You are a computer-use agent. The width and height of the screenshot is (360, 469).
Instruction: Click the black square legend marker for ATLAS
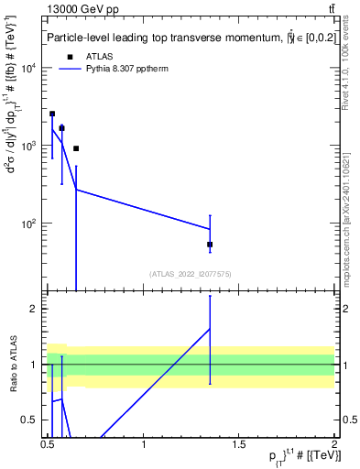coord(69,57)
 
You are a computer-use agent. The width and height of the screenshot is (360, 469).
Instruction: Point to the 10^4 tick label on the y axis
coord(28,69)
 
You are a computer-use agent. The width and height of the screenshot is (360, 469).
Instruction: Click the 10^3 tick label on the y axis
coord(28,146)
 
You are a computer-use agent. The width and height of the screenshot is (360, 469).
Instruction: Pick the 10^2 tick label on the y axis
coord(28,223)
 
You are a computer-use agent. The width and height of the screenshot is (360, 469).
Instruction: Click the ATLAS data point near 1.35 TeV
coord(210,245)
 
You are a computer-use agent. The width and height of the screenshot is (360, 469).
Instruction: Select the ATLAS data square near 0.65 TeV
coord(76,148)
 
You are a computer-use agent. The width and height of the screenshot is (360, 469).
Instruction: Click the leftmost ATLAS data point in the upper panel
coord(52,114)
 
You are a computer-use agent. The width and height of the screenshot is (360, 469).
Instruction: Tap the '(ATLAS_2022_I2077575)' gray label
coord(190,274)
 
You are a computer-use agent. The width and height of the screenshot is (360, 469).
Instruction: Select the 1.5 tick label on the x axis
coord(239,443)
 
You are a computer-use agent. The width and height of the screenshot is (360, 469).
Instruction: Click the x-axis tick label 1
coord(144,443)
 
